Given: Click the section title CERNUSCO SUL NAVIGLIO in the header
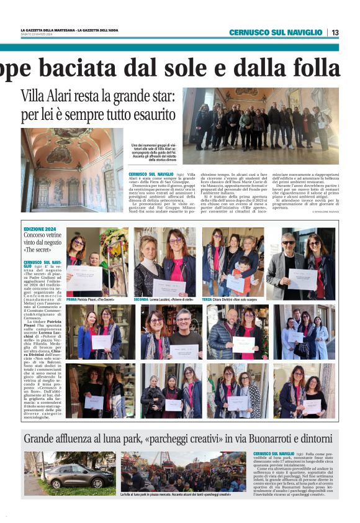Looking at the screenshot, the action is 276,32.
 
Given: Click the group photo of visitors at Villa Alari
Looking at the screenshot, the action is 261,119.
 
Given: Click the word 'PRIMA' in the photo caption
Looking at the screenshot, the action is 71,299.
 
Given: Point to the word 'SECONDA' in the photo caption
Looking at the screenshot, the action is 142,299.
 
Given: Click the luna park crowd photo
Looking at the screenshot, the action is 183,471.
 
